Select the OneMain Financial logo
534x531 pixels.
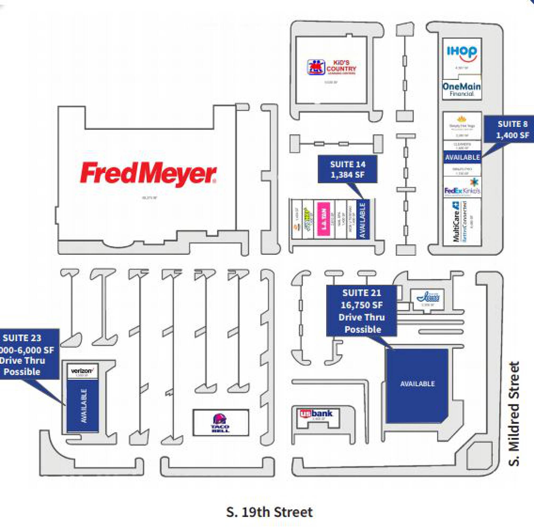tap(462, 89)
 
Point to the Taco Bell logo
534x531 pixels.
tap(220, 423)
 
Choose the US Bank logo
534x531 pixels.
tap(316, 414)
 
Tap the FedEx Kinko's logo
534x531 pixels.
tap(462, 188)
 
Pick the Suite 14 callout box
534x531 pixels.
tap(347, 169)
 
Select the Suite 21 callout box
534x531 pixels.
tap(361, 311)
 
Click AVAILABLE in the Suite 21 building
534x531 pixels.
tap(417, 384)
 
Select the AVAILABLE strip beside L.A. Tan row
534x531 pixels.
tap(363, 220)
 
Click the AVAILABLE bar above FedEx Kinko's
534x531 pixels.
tap(462, 157)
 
